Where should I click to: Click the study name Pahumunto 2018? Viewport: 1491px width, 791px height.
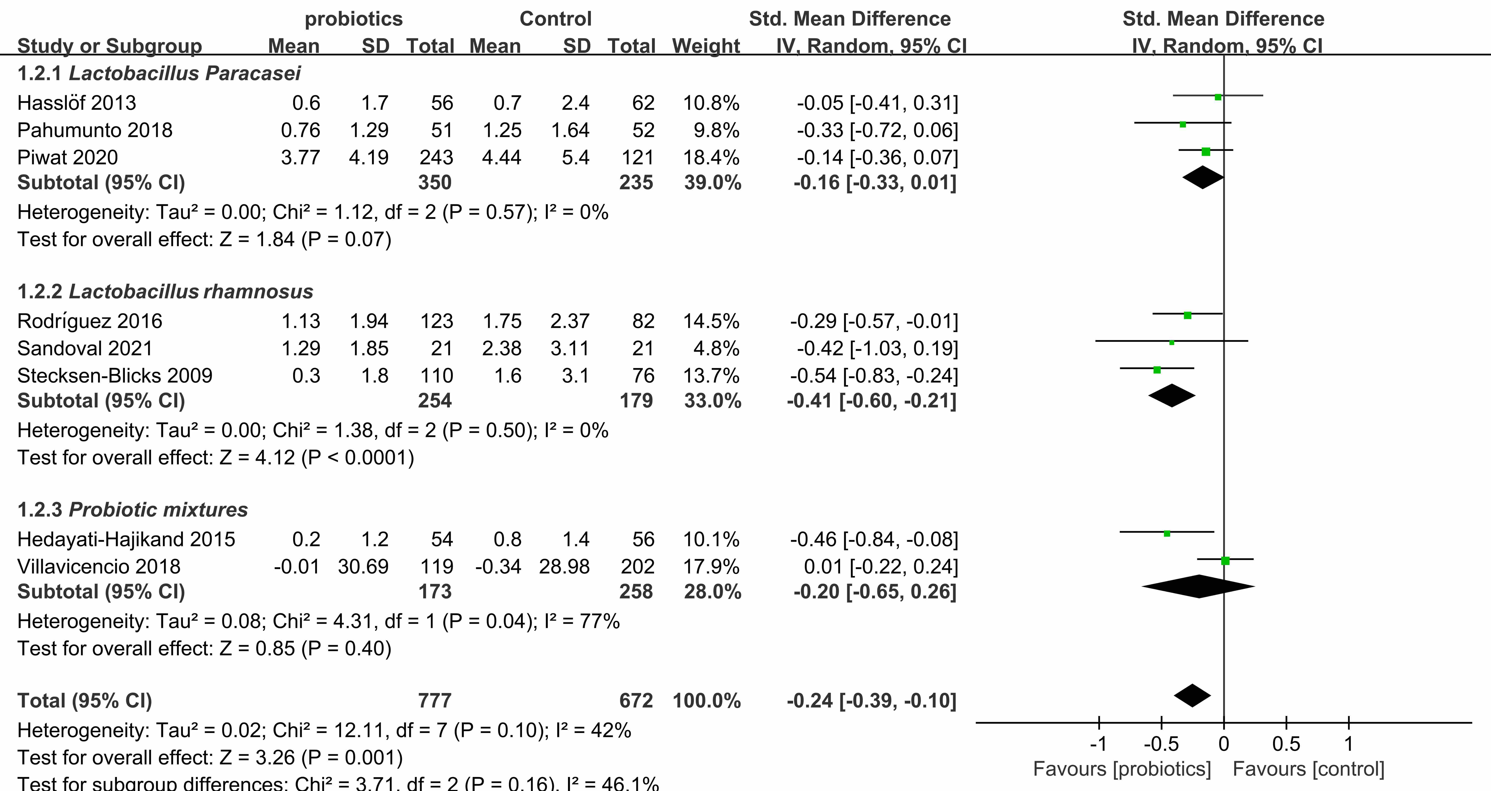(x=95, y=130)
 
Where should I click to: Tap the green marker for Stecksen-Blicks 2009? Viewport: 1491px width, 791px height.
(x=1157, y=370)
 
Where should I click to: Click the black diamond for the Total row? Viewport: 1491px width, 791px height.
(x=1192, y=696)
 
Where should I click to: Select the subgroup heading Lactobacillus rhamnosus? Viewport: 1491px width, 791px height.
(x=191, y=292)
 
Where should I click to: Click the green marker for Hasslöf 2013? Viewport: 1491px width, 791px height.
(x=1218, y=97)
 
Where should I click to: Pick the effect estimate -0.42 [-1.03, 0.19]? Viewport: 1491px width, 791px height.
(x=874, y=348)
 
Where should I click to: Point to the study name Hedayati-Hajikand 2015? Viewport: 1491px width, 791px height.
(x=126, y=539)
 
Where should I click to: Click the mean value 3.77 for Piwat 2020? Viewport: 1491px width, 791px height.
(x=300, y=157)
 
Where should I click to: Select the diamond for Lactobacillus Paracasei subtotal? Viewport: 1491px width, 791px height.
(x=1203, y=178)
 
